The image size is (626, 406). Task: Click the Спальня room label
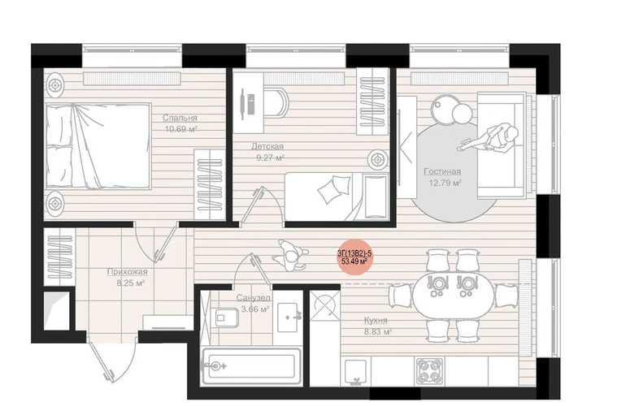point(180,118)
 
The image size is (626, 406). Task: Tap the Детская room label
point(267,146)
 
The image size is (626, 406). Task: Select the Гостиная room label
point(442,171)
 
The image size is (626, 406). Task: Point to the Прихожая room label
point(127,272)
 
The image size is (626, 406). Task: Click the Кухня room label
point(376,320)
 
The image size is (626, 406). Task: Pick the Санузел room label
point(253,297)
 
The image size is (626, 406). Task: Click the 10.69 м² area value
point(181,129)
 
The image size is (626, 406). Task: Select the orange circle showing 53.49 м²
point(354,257)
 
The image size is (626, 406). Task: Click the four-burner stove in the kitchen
point(429,371)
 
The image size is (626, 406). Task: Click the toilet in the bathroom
point(226,317)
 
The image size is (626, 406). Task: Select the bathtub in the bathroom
point(251,366)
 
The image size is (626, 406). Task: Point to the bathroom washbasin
point(288,317)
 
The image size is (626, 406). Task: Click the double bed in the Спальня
point(98,145)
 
